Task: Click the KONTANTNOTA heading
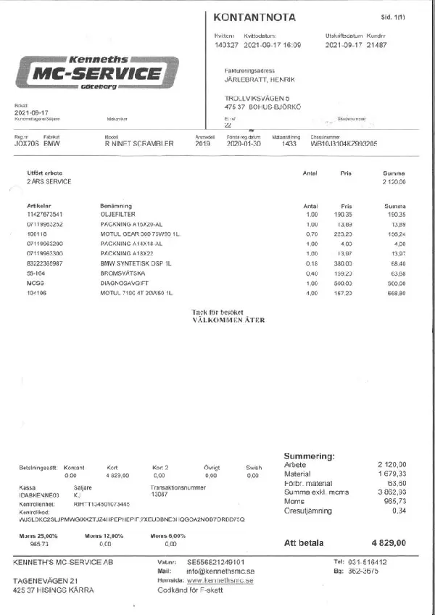[254, 17]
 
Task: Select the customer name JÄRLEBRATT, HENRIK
[262, 79]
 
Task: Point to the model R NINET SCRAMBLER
[139, 144]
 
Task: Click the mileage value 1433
[290, 144]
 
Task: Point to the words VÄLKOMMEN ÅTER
[229, 319]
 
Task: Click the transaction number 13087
[159, 495]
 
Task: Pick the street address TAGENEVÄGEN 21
[46, 581]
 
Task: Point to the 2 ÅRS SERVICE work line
[49, 181]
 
